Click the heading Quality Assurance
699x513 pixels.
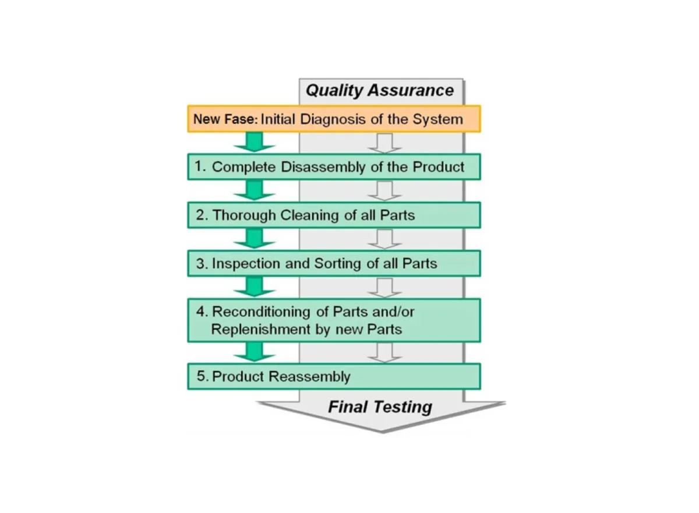pos(379,91)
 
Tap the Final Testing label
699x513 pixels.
pos(380,406)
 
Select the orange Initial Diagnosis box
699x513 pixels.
pos(334,119)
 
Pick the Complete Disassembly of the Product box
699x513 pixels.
pos(334,167)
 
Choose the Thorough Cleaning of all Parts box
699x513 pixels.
pos(334,215)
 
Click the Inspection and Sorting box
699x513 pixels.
pos(334,263)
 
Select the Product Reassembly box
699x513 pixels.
pos(334,376)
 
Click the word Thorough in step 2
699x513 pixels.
pos(244,215)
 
